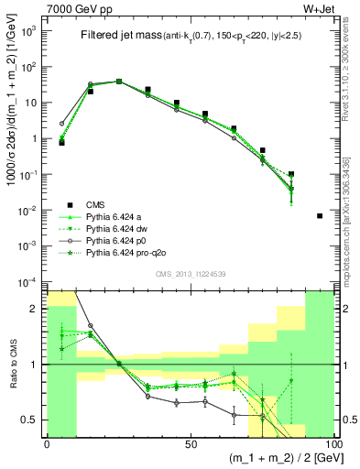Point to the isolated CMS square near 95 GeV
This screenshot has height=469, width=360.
[x=319, y=215]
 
